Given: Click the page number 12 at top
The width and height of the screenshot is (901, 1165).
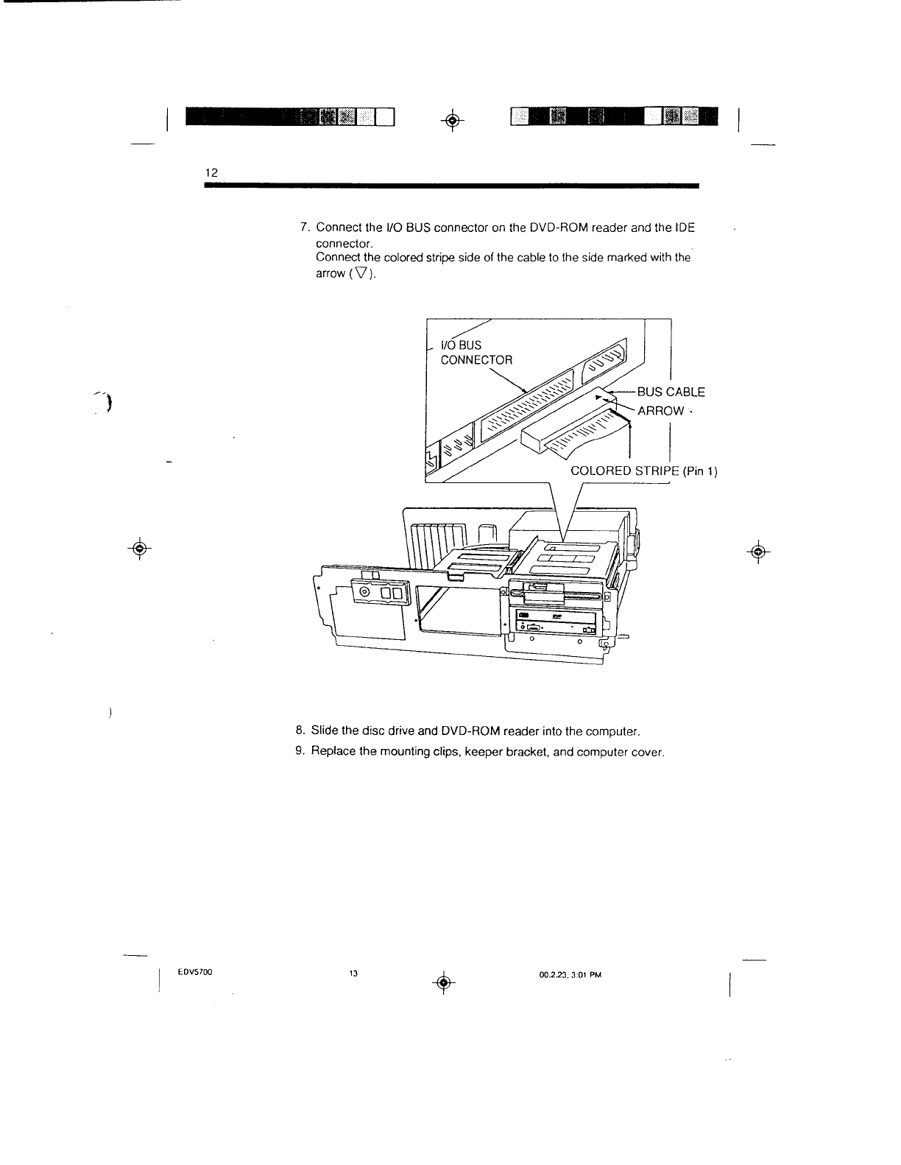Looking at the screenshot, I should (211, 172).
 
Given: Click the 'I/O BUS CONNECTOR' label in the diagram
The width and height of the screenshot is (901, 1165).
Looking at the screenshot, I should (476, 352).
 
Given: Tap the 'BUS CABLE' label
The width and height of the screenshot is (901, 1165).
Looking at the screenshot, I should (671, 392).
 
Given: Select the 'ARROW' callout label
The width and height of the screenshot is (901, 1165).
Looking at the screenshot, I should (660, 410).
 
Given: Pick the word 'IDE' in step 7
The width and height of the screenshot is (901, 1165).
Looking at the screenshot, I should (685, 228).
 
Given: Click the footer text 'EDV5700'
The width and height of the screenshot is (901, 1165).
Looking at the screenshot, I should (194, 973).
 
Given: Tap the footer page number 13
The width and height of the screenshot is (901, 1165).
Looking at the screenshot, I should (353, 974).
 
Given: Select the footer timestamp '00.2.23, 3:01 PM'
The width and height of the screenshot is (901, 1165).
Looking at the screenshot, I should (570, 974).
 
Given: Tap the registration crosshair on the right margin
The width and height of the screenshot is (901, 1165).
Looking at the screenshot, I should (756, 551).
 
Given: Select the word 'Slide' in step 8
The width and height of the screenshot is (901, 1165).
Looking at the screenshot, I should (325, 731).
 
